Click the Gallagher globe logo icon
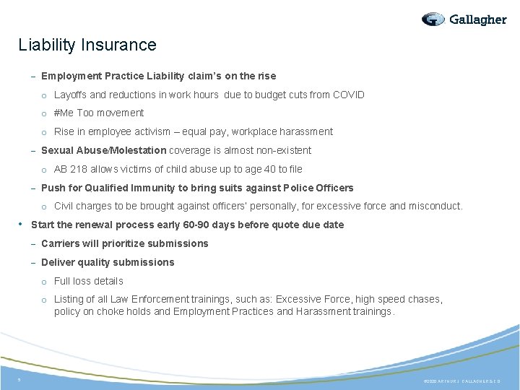coord(433,19)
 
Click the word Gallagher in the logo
coord(477,19)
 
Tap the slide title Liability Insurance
coord(87,45)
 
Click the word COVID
coord(349,95)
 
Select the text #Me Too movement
coord(99,113)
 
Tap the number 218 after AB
coord(78,169)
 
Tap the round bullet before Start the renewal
coord(21,224)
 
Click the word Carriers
coord(63,243)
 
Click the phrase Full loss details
coord(89,281)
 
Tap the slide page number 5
coord(19,379)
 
